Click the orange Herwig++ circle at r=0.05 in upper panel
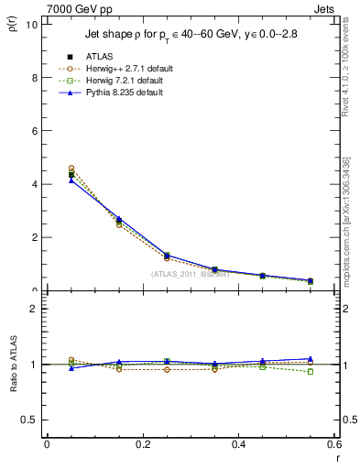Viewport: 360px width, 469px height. click(71, 169)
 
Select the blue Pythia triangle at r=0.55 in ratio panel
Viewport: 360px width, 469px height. click(311, 358)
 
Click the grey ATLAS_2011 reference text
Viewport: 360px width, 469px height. click(191, 274)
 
